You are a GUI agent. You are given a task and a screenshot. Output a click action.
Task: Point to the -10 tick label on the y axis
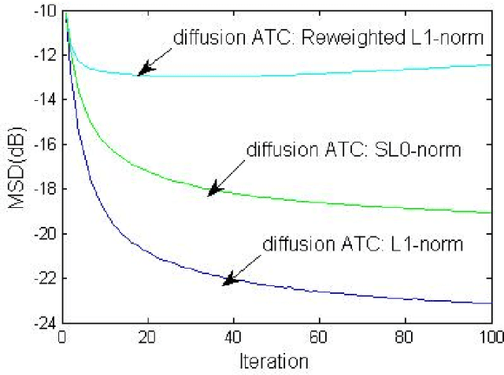tap(46, 12)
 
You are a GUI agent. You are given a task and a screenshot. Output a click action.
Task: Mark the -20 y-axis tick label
tap(46, 234)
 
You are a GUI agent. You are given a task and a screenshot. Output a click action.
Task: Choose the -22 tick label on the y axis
tap(46, 278)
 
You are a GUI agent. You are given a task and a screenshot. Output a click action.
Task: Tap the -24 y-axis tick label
tap(46, 322)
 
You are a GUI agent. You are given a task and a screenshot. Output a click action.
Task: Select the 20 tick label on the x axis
tap(147, 337)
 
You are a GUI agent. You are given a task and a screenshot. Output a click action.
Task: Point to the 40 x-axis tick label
tap(233, 337)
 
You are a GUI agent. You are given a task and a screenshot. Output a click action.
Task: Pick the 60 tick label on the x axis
tap(319, 337)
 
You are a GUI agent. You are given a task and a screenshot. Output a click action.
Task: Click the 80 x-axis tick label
tap(405, 337)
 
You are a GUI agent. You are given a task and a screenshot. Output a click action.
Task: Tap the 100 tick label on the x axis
tap(488, 337)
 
